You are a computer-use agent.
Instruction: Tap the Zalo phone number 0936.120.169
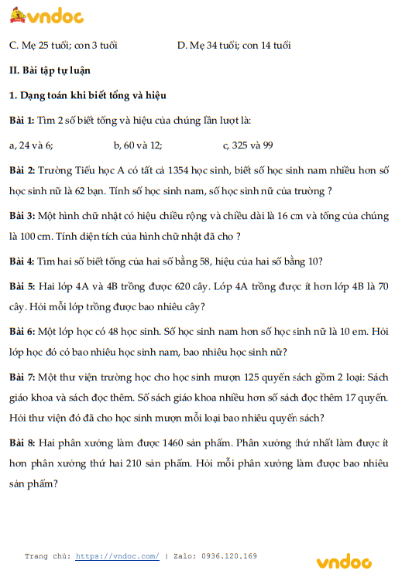point(229,556)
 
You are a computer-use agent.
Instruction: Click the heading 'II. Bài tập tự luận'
point(49,70)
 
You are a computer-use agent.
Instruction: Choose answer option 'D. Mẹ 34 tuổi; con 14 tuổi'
point(234,46)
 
